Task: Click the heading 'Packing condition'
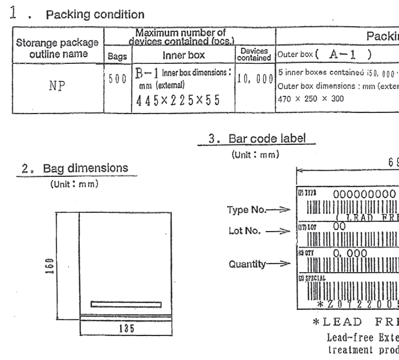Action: pyautogui.click(x=95, y=14)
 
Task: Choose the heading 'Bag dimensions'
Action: pyautogui.click(x=75, y=168)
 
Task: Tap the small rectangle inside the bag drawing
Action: pyautogui.click(x=126, y=304)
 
